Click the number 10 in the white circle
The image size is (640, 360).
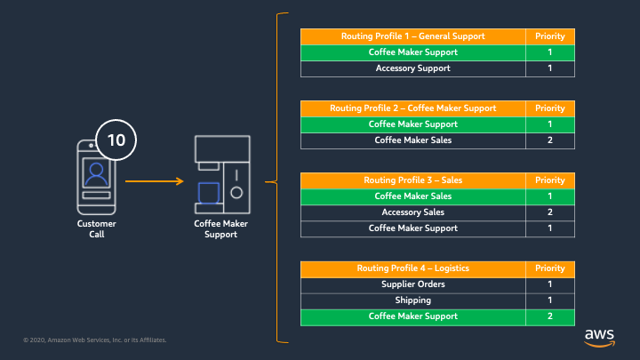coord(116,140)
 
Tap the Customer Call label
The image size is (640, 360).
coord(97,229)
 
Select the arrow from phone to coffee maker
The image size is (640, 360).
coord(155,180)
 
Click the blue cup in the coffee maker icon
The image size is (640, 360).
coord(209,193)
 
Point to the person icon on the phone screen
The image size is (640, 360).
coord(96,174)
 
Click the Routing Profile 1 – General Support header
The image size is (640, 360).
coord(413,36)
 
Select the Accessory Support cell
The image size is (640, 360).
coord(413,68)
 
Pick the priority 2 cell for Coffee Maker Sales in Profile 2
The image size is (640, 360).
coord(550,140)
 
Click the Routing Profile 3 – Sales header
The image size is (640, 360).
coord(413,180)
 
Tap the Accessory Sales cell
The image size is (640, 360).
coord(413,212)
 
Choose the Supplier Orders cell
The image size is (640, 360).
coord(413,284)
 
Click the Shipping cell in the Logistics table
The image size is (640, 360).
coord(413,300)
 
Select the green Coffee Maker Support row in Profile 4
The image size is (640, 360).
coord(437,317)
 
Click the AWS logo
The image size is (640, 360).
coord(599,338)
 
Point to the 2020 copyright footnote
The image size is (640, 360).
coord(95,340)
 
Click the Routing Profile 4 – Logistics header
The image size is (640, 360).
coord(413,268)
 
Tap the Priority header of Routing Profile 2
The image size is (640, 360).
coord(550,108)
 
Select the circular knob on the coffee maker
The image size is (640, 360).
coord(236,193)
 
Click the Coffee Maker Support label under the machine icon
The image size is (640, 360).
coord(220,229)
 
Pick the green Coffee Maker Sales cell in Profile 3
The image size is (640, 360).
coord(413,196)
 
